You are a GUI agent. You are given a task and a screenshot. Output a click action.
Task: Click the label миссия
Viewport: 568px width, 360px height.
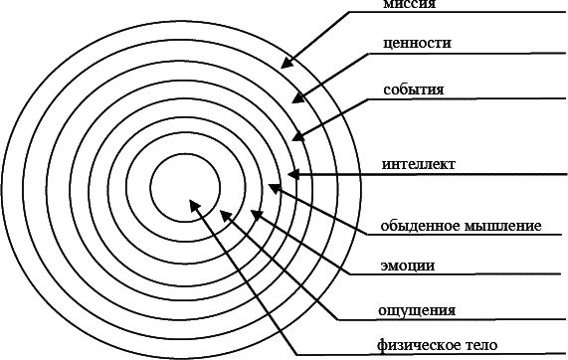[409, 5]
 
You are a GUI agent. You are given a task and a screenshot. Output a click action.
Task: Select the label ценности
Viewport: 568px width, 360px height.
[417, 44]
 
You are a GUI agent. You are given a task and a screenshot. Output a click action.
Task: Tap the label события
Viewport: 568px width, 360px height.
[413, 90]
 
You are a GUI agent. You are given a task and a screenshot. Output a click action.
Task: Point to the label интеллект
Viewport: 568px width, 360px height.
[419, 164]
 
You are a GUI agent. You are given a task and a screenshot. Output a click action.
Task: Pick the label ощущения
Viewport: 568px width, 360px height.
[415, 308]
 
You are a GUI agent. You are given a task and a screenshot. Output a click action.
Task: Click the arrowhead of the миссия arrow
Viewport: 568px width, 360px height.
[285, 64]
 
